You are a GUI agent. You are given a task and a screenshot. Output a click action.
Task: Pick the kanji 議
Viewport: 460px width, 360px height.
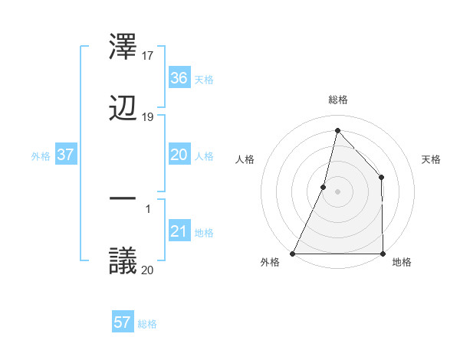[x=123, y=260]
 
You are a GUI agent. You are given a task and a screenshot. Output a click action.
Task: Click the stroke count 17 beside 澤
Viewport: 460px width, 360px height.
[x=148, y=55]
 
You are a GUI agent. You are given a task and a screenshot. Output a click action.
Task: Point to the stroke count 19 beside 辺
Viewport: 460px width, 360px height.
[x=148, y=117]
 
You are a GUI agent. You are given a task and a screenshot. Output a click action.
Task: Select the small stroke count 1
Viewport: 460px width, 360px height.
[x=148, y=208]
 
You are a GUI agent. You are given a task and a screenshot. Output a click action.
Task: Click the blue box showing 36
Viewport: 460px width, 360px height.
[x=179, y=78]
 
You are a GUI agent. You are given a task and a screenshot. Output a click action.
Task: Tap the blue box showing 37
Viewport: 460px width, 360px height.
[x=65, y=155]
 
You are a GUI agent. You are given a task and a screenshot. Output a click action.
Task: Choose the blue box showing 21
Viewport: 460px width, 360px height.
[x=179, y=232]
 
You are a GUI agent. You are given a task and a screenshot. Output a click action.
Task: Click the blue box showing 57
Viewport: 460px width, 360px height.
[x=122, y=322]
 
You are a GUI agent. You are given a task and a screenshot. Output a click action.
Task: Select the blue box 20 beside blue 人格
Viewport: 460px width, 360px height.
[x=179, y=155]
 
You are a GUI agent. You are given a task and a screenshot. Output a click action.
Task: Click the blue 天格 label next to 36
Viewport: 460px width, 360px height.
[x=204, y=79]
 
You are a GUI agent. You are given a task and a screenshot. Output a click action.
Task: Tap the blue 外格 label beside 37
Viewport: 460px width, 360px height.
[x=41, y=155]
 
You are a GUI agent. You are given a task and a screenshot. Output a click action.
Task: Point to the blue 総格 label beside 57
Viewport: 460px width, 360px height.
[x=147, y=323]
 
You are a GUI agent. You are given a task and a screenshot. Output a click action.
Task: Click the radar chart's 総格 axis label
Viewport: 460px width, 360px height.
[x=337, y=100]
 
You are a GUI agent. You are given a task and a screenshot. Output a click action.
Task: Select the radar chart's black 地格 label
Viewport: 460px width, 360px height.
[x=402, y=262]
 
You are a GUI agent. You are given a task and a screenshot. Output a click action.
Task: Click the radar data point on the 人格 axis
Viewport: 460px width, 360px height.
[x=324, y=187]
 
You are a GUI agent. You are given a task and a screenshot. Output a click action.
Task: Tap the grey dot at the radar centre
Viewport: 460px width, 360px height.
[x=337, y=191]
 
